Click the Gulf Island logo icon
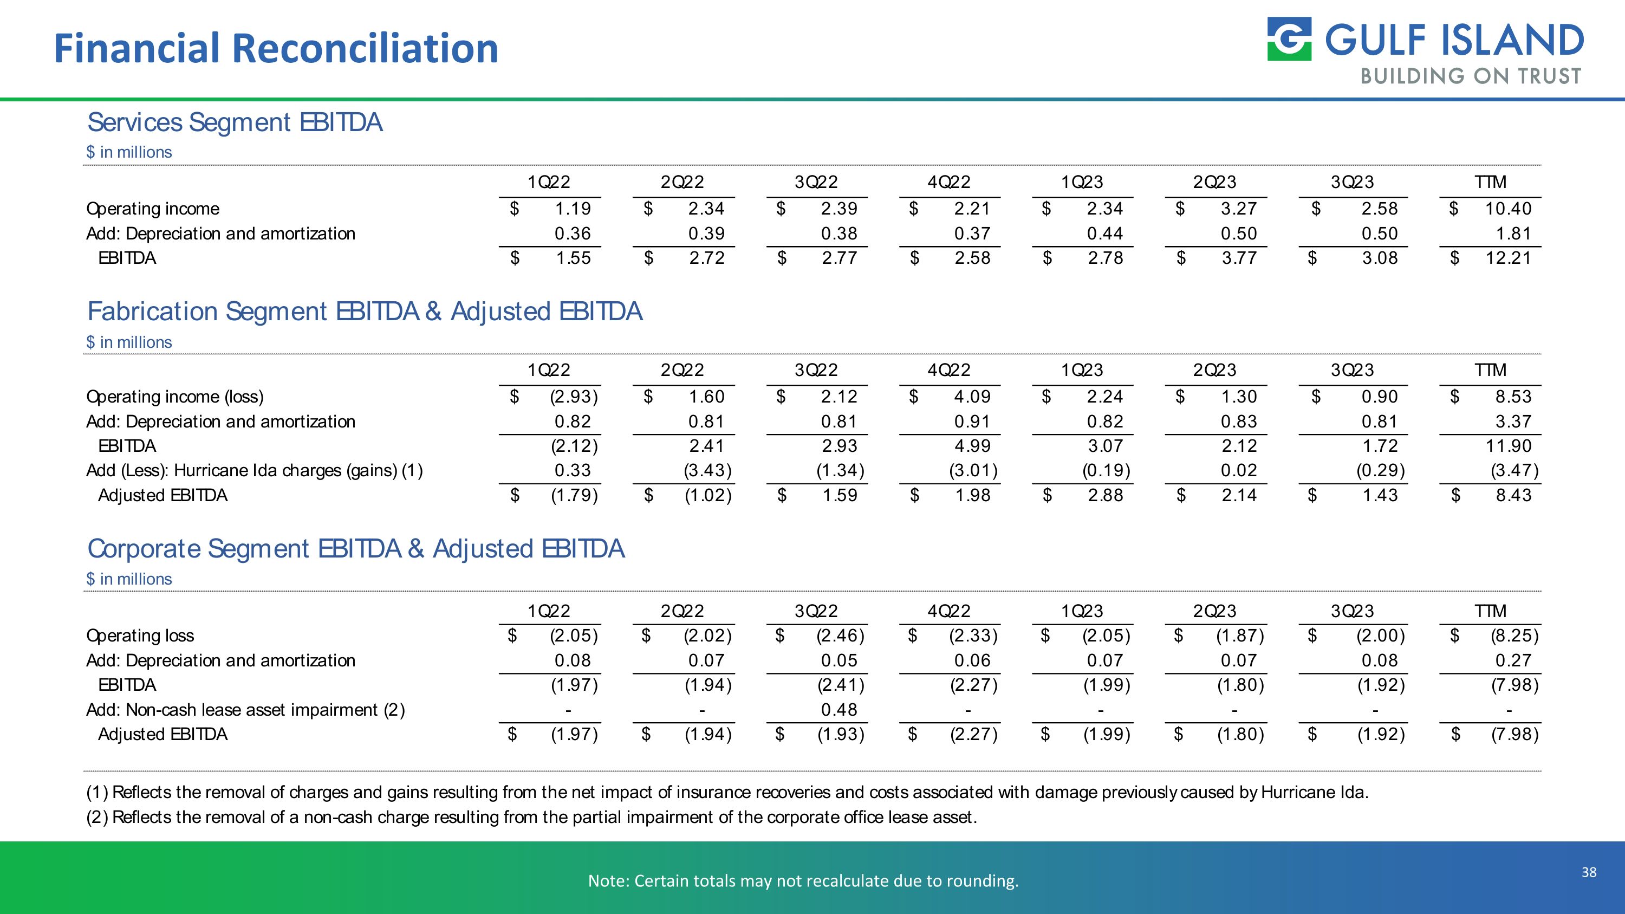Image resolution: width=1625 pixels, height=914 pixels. click(x=1289, y=39)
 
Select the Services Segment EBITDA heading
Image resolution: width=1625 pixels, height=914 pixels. click(x=235, y=122)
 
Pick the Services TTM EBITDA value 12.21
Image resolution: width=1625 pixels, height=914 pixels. click(x=1507, y=258)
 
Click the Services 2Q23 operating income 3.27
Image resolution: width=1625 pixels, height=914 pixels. click(x=1238, y=209)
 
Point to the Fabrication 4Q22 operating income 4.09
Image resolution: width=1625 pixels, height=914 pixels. click(x=972, y=397)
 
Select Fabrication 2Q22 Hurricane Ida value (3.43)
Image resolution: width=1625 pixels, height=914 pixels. click(x=708, y=471)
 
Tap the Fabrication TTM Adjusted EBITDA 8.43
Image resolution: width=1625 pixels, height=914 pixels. click(x=1513, y=495)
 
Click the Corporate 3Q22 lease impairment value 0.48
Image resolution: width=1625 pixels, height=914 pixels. click(x=839, y=710)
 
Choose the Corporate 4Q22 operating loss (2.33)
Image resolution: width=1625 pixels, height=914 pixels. click(x=973, y=636)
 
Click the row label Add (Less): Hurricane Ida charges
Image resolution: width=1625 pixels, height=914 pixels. click(x=254, y=471)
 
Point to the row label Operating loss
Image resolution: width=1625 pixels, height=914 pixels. click(x=140, y=636)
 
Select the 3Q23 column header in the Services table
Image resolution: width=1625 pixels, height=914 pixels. click(x=1352, y=182)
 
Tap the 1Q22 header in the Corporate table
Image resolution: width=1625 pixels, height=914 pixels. click(x=549, y=611)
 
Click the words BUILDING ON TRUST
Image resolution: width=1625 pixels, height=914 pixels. click(x=1471, y=77)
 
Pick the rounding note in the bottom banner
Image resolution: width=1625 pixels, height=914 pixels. click(x=803, y=880)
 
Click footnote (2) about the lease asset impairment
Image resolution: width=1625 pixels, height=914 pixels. click(x=531, y=818)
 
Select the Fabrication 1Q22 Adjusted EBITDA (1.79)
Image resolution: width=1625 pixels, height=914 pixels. click(x=574, y=495)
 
